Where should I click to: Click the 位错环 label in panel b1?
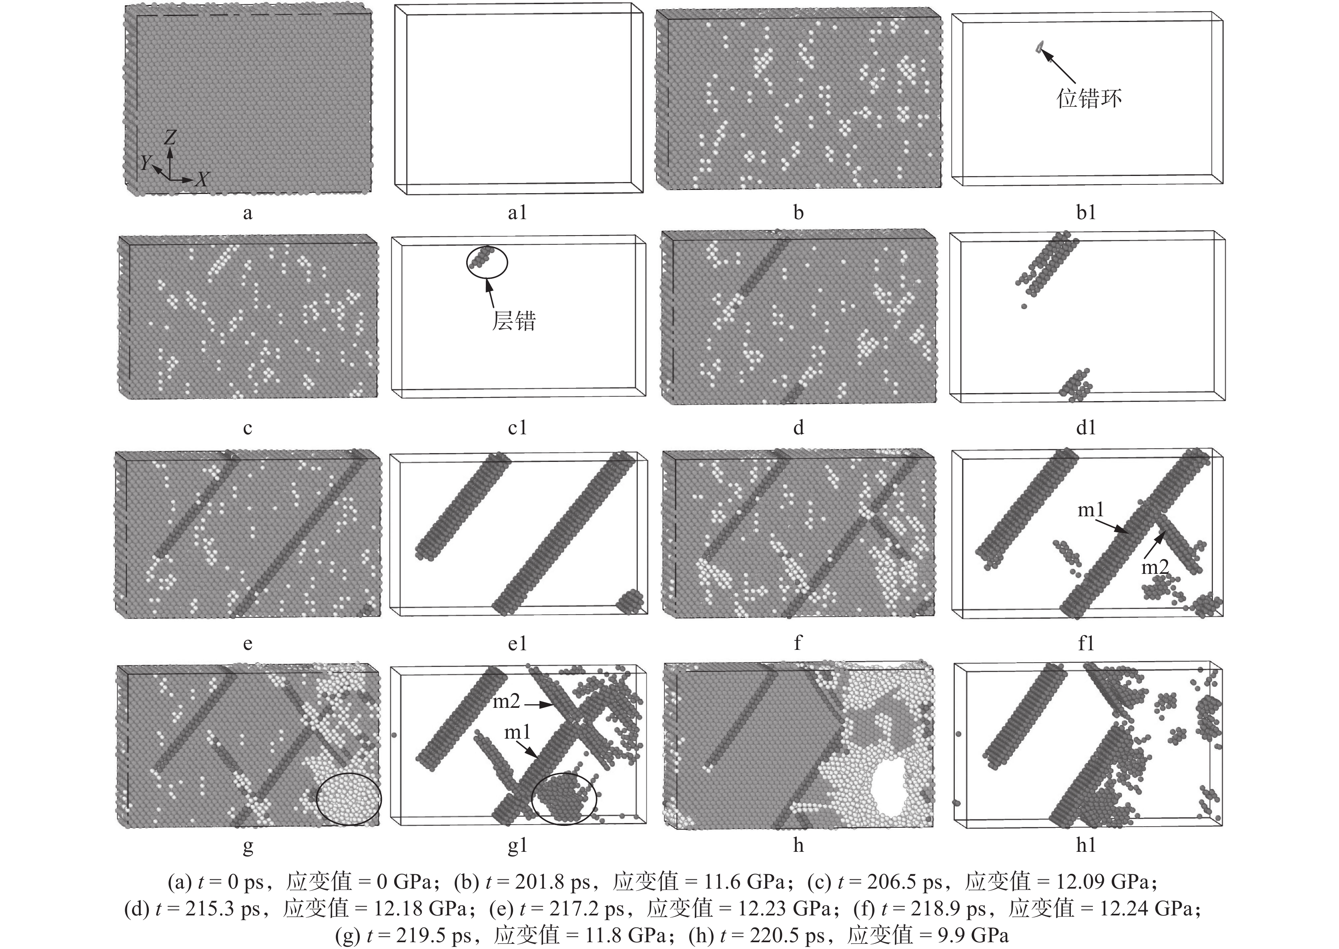point(1089,98)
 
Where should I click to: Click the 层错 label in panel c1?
point(513,321)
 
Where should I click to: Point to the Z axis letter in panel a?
point(170,137)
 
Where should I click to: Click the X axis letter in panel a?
point(202,179)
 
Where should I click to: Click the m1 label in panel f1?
point(1090,510)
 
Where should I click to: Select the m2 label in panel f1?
point(1155,566)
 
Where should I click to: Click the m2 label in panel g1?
point(506,701)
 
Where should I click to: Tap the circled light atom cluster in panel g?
point(349,798)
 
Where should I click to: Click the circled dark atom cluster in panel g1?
point(564,798)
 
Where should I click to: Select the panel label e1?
point(517,644)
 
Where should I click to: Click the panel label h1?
point(1086,845)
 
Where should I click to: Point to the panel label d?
point(798,428)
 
